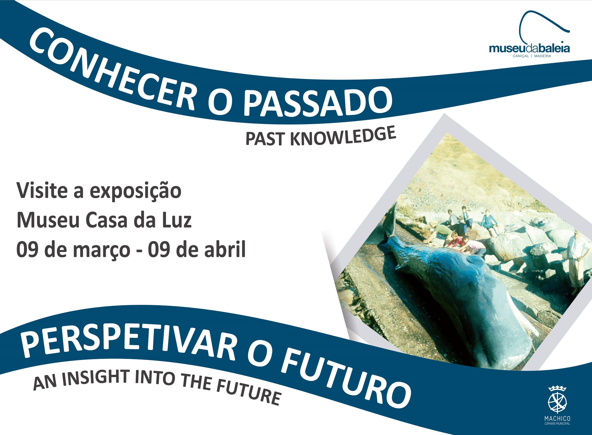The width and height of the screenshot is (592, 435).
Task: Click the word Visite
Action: click(42, 191)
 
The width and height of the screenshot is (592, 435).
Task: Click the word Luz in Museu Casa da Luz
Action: click(176, 220)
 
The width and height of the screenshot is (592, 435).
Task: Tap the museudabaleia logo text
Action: click(529, 49)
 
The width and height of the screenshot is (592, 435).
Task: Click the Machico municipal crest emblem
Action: click(557, 402)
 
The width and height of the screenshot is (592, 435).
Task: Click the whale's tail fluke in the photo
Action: click(389, 221)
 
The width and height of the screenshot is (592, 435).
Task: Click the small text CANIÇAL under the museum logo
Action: click(521, 56)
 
